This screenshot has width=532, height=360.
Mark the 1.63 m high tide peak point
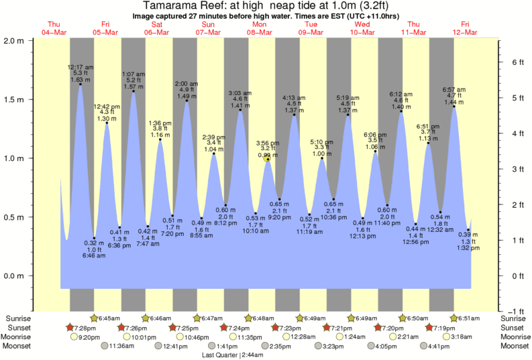click(81, 84)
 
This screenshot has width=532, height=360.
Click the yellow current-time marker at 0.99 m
click(267, 159)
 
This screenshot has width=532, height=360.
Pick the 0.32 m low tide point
click(95, 238)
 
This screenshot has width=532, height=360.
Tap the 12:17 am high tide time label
click(81, 67)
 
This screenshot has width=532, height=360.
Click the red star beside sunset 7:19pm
click(429, 327)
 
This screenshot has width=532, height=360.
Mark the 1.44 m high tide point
click(454, 106)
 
